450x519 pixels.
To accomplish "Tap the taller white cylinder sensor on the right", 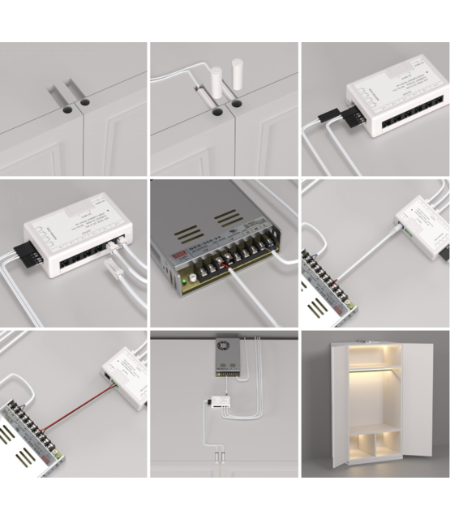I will pos(238,75).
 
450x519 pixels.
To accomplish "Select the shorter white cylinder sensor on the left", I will pos(216,83).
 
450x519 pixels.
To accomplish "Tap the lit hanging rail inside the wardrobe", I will pos(377,371).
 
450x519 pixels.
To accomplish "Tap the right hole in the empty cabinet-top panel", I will pos(84,104).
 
